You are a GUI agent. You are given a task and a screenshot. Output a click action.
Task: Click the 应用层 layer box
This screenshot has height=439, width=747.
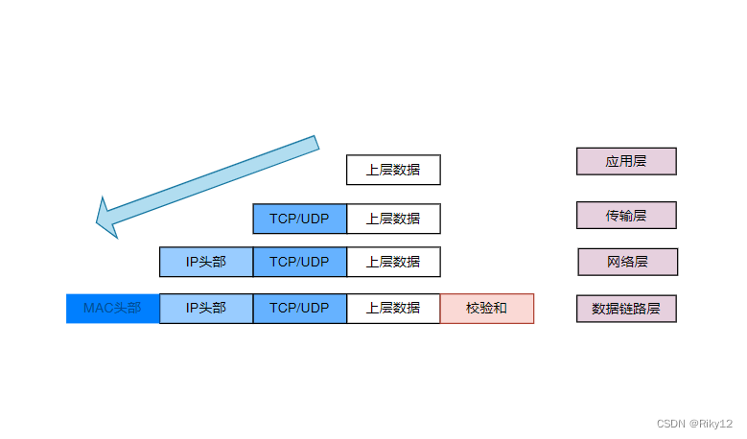pyautogui.click(x=626, y=161)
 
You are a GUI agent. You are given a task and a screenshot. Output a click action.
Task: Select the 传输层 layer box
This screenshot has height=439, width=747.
pyautogui.click(x=626, y=216)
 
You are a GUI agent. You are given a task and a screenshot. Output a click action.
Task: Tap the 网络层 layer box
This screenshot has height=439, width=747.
pyautogui.click(x=627, y=262)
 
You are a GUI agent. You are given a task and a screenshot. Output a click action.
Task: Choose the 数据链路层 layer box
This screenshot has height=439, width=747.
pyautogui.click(x=626, y=309)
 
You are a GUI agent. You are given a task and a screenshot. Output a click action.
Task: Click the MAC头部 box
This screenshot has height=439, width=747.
pyautogui.click(x=112, y=309)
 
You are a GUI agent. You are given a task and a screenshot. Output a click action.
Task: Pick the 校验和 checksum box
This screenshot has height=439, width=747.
pyautogui.click(x=486, y=309)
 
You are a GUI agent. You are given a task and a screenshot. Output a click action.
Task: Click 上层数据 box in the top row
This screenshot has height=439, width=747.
pyautogui.click(x=393, y=170)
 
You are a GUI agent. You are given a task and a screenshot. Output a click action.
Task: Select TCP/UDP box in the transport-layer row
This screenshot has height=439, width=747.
pyautogui.click(x=299, y=219)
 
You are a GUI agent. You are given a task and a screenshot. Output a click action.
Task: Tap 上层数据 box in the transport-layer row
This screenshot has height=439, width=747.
pyautogui.click(x=393, y=219)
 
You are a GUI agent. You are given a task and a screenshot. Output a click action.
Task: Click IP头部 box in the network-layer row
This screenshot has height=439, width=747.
pyautogui.click(x=206, y=262)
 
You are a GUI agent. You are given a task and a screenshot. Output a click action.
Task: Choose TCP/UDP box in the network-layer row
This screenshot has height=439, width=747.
pyautogui.click(x=299, y=262)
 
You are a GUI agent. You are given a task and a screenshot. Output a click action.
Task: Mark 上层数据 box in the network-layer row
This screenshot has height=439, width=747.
pyautogui.click(x=393, y=262)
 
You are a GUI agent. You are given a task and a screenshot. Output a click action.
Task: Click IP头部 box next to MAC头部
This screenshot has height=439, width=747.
pyautogui.click(x=206, y=309)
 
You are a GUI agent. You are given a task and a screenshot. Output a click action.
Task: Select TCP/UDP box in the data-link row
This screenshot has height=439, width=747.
pyautogui.click(x=299, y=309)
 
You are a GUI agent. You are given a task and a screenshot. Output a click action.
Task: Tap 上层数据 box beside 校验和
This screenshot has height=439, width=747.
pyautogui.click(x=393, y=309)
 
